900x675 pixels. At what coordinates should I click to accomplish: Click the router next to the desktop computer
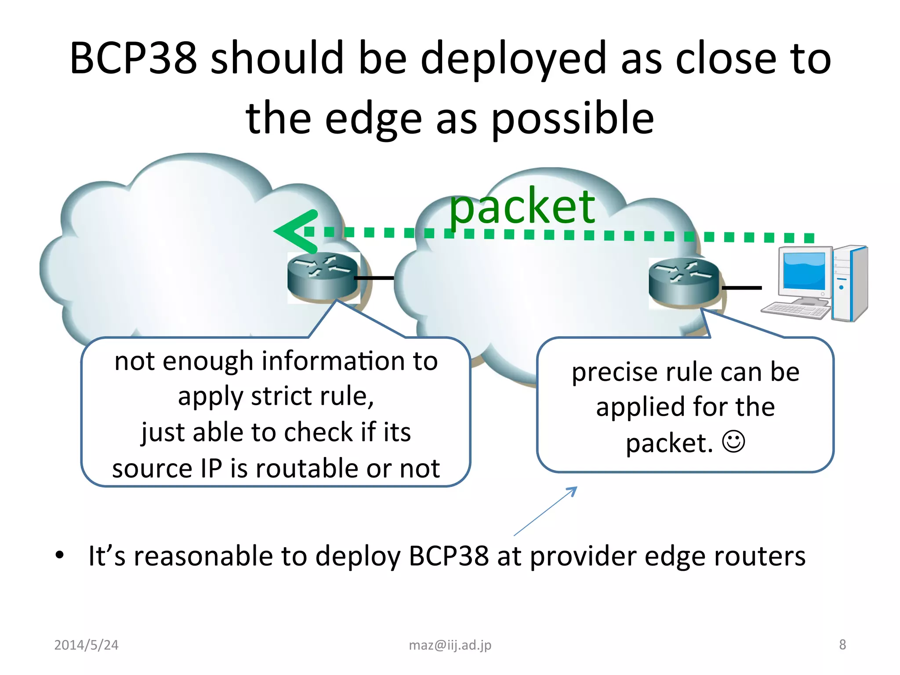683,282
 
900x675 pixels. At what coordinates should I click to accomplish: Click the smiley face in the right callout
733,441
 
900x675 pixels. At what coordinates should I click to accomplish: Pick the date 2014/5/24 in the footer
86,645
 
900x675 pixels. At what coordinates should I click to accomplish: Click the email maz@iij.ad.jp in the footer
450,645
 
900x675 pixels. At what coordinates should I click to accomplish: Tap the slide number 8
842,644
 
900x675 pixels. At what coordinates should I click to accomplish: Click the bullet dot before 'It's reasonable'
60,555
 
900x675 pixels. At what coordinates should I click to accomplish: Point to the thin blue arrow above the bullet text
545,511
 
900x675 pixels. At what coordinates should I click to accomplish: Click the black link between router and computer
741,288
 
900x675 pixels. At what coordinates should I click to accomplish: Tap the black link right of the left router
374,278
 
